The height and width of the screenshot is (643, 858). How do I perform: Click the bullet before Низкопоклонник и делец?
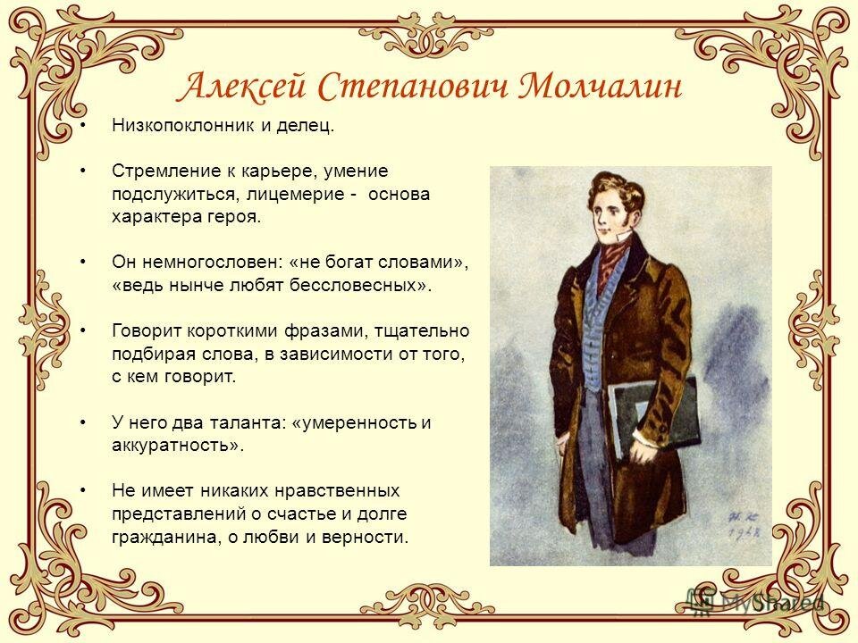pyautogui.click(x=82, y=126)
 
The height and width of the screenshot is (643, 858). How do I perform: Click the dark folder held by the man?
pyautogui.click(x=652, y=415)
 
